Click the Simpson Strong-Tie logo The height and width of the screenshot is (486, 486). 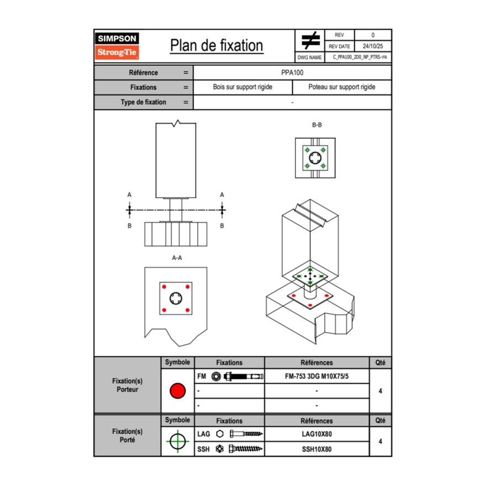pos(118,46)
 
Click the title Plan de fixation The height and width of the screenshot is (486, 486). pos(216,45)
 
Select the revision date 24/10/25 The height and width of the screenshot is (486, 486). pos(372,46)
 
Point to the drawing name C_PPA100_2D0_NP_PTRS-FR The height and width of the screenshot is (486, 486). pos(360,57)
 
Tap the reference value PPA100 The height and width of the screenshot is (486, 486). pos(292,72)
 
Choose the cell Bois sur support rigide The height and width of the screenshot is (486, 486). pos(242,87)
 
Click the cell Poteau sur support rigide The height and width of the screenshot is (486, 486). pos(341,87)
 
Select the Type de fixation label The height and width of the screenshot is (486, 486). pos(143,102)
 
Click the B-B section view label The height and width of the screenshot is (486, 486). pos(316,125)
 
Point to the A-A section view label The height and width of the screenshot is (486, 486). pos(177,257)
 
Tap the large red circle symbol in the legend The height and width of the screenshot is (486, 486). pos(177,391)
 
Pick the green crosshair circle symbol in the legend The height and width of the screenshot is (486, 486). pos(177,441)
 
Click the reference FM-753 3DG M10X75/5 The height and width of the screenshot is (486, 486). pos(316,377)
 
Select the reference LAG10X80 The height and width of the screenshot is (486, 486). pos(316,434)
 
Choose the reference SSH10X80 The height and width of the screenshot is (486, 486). pos(316,449)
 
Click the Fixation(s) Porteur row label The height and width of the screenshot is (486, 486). pos(127,385)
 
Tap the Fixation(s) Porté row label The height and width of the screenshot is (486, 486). pos(127,435)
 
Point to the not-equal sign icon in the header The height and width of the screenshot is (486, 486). pos(311,41)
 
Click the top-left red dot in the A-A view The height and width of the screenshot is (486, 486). pos(164,287)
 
